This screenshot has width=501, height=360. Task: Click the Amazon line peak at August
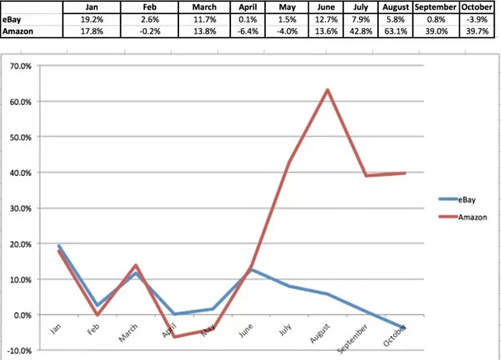point(328,90)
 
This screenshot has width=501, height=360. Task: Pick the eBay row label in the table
point(14,18)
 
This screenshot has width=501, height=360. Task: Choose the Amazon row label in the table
point(20,31)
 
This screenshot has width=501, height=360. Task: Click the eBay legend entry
point(464,199)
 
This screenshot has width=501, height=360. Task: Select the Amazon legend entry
point(468,216)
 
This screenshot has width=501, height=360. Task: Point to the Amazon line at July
point(288,163)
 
